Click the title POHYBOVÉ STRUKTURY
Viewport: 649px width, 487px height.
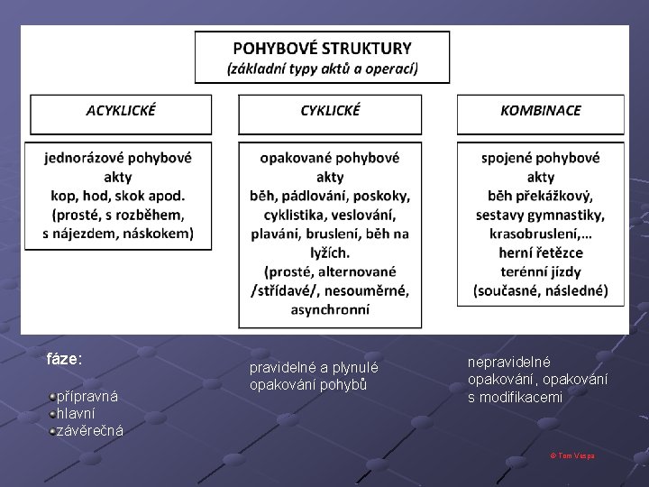322,49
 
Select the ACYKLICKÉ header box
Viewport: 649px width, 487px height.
120,111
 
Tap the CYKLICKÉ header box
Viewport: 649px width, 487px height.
330,111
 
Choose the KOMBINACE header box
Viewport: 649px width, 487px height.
541,111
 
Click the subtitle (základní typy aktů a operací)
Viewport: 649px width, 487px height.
322,69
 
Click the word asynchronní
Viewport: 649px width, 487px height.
329,309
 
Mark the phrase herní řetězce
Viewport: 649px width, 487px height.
541,253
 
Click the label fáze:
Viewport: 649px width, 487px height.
64,358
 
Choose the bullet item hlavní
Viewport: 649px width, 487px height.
77,413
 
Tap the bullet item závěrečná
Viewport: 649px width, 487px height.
89,430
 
